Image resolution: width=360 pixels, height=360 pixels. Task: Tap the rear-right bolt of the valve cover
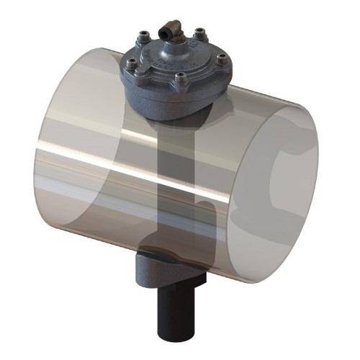(x=199, y=32)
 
